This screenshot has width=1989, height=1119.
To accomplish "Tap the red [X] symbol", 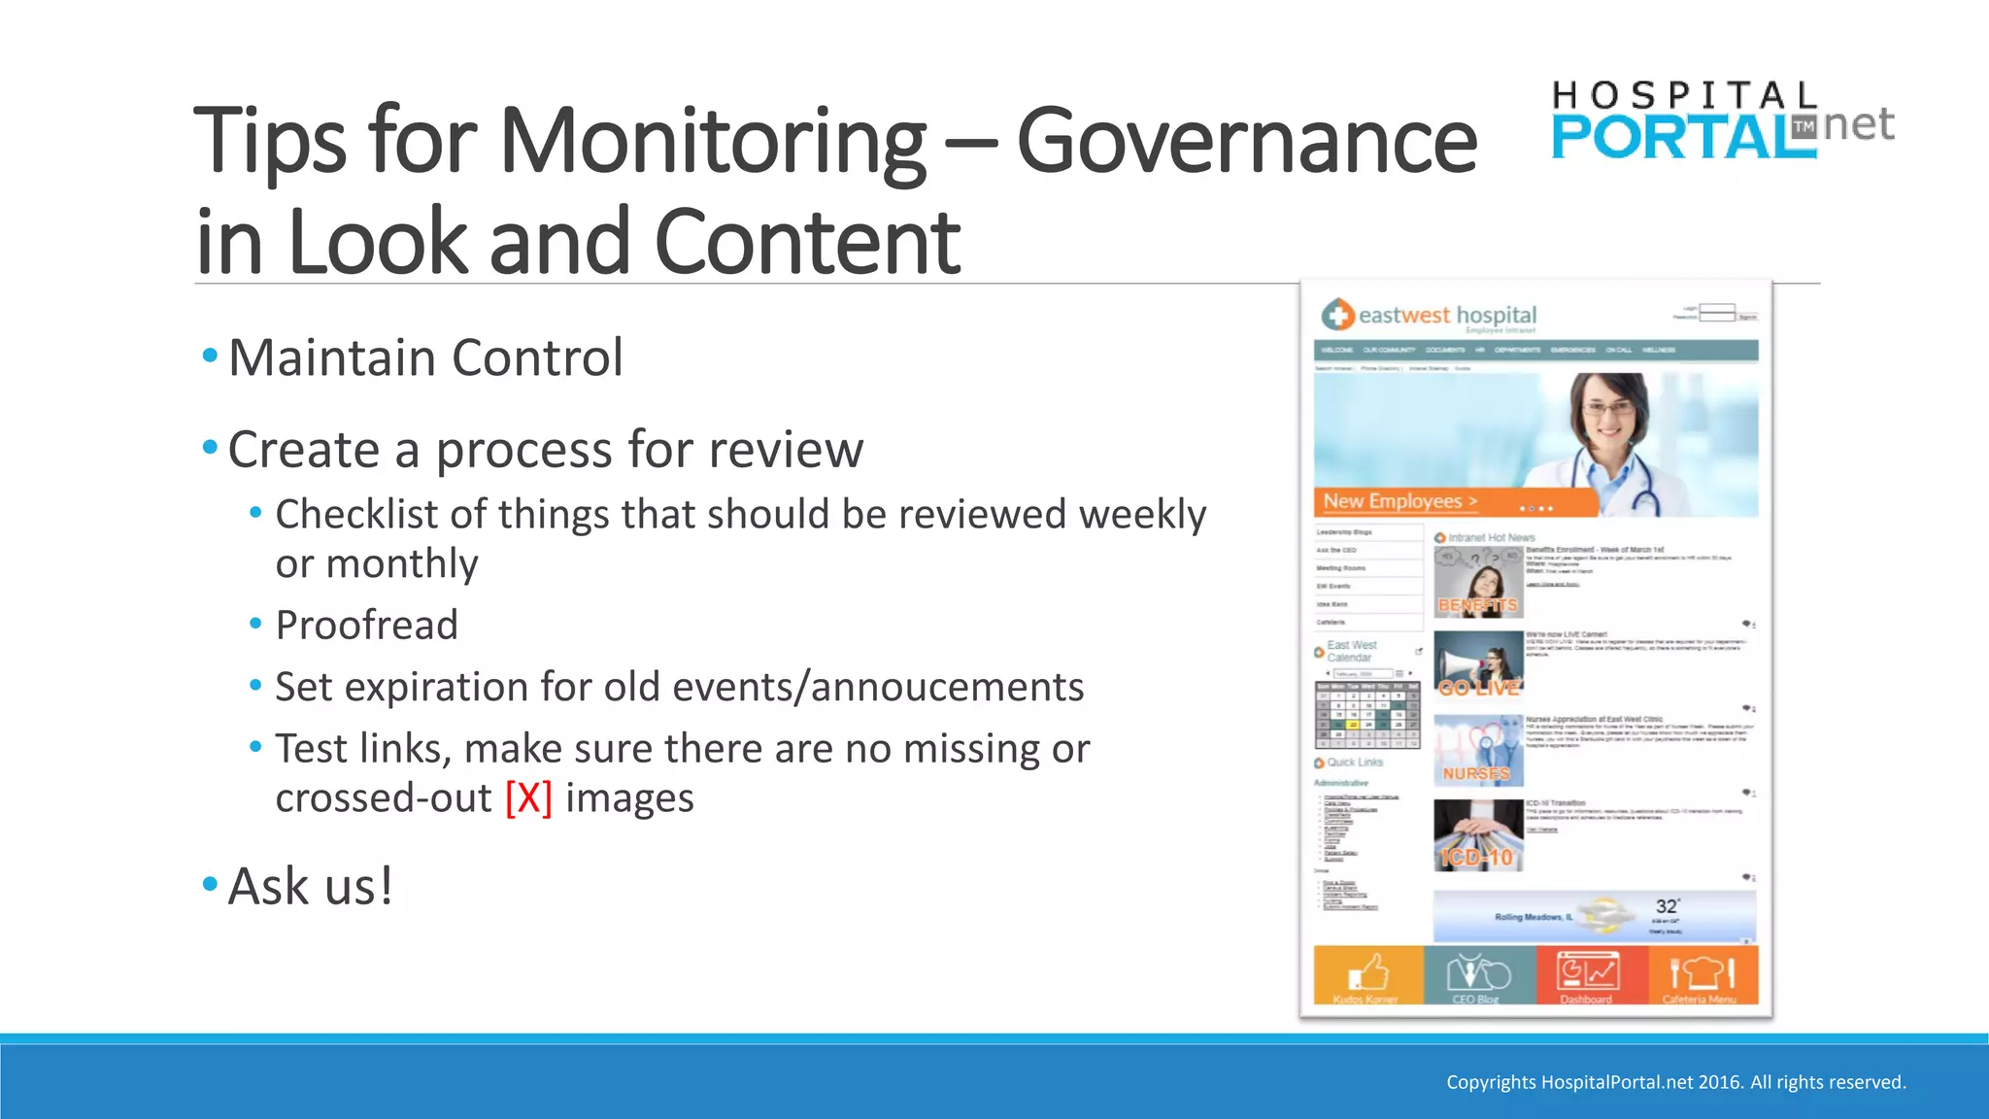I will [x=528, y=798].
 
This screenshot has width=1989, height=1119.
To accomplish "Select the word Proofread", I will [x=366, y=626].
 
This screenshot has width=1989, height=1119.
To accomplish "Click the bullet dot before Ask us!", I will [x=210, y=884].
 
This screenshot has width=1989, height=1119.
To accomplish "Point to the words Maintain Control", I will [x=425, y=358].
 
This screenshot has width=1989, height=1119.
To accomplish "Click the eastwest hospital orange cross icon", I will [x=1337, y=315].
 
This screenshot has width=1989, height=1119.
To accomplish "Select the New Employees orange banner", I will [x=1454, y=502].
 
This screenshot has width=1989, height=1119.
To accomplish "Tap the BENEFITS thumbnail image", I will [x=1477, y=582].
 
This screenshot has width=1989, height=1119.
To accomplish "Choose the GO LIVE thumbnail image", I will [x=1478, y=664].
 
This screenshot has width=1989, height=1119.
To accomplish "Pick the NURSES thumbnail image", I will [x=1477, y=751].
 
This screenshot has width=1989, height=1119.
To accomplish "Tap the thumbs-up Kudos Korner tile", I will [x=1367, y=975].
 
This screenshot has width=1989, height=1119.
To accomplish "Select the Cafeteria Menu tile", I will [x=1702, y=975].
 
